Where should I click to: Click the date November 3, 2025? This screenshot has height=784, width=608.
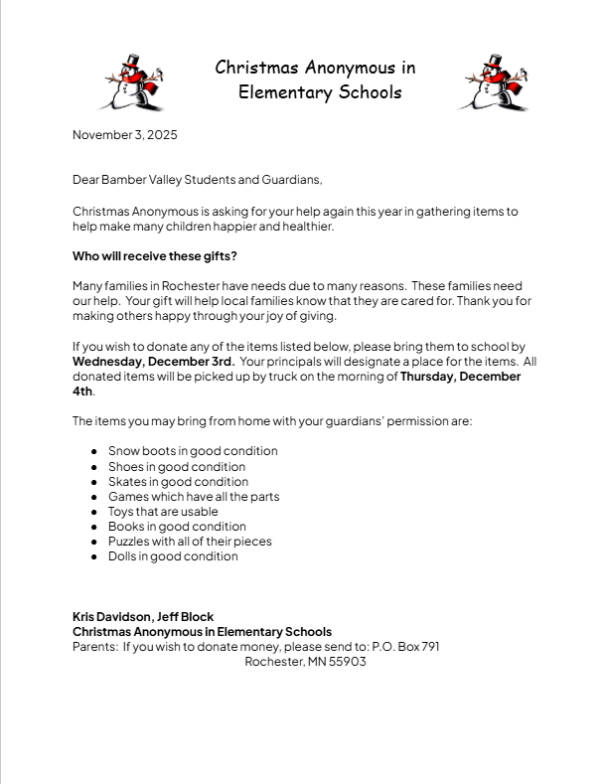[124, 135]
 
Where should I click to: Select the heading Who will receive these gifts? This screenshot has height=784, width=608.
[155, 255]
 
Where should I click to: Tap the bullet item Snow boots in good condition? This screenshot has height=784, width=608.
[193, 451]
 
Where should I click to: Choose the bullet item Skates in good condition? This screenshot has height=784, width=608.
[178, 481]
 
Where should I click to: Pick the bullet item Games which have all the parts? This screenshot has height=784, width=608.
[194, 496]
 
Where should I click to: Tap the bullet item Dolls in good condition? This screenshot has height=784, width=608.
[173, 556]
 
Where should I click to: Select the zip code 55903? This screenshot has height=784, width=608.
[347, 661]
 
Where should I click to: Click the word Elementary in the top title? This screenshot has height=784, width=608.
[284, 92]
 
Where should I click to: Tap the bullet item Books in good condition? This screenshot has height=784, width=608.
[177, 527]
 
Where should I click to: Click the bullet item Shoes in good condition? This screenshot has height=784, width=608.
[177, 466]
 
